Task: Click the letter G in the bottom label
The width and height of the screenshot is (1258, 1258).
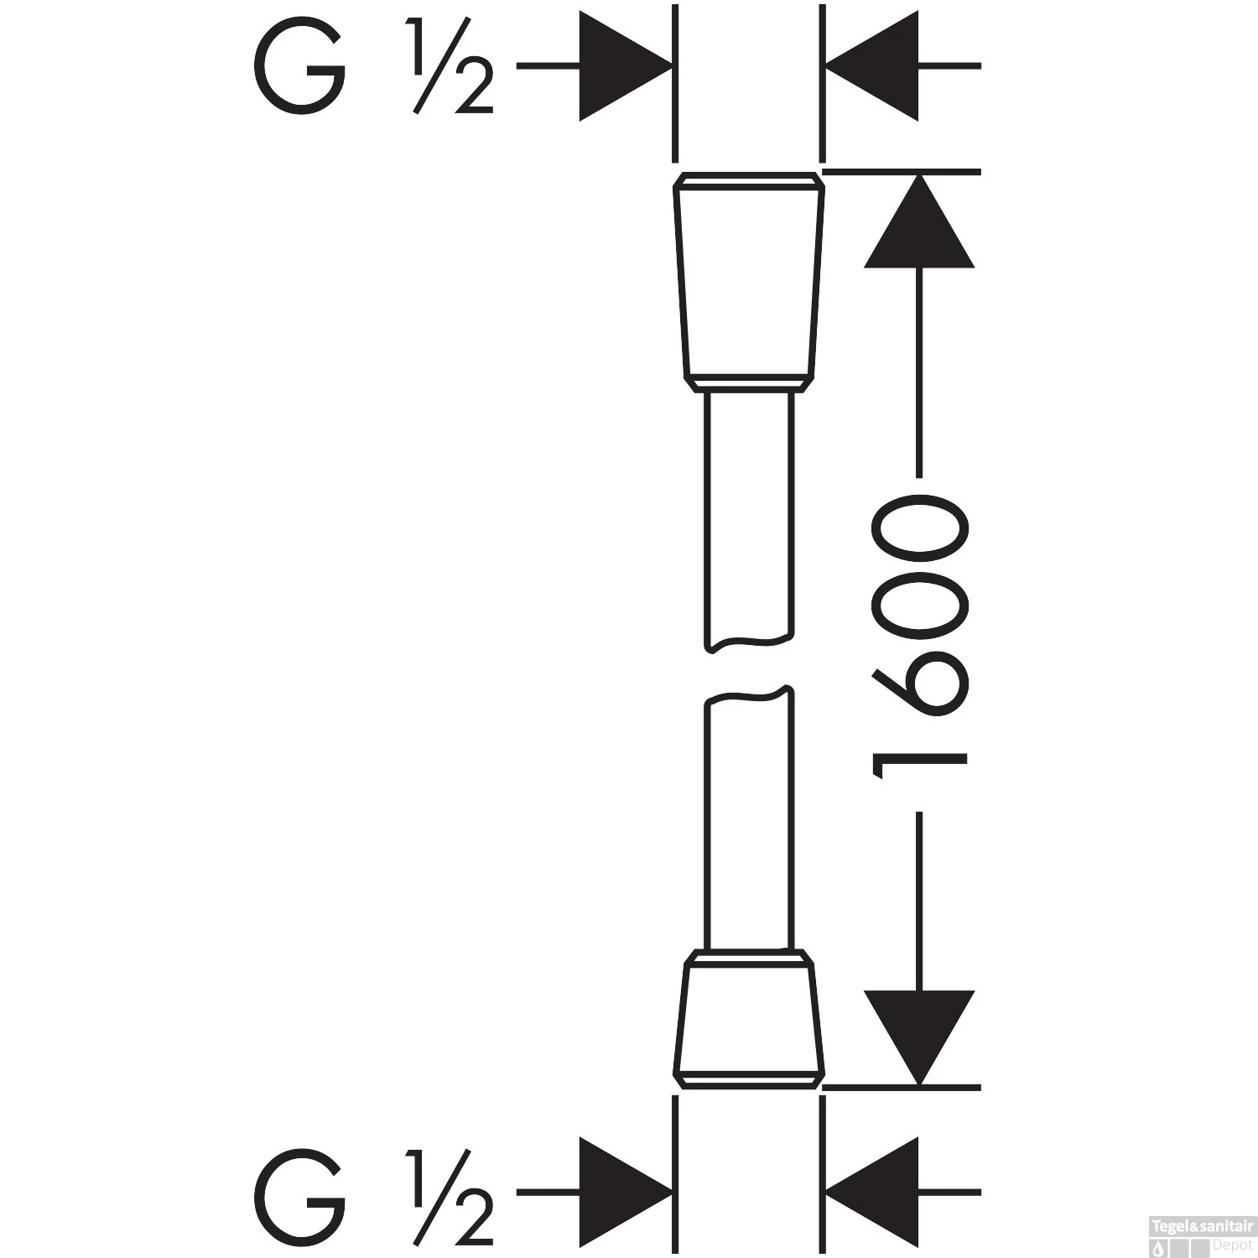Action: point(299,1192)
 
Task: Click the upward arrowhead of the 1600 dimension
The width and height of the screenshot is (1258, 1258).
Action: point(919,222)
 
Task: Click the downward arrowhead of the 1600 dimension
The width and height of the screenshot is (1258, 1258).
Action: point(919,1037)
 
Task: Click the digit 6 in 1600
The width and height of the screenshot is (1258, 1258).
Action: point(920,688)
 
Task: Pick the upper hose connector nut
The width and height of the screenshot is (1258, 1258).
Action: point(748,281)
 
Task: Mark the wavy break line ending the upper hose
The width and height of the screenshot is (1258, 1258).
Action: point(747,644)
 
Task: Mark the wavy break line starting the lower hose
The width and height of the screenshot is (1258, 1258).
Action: point(747,695)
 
